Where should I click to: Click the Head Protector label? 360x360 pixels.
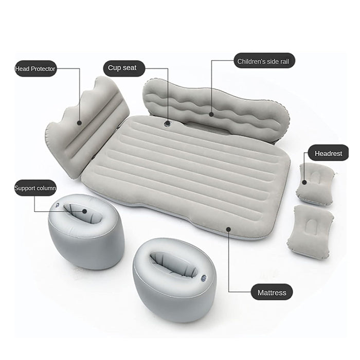point(35,68)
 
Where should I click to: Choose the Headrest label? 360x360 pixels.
point(328,153)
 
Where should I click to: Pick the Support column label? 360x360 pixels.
point(35,188)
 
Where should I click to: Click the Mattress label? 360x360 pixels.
point(272,292)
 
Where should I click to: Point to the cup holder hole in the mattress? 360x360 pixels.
point(167,124)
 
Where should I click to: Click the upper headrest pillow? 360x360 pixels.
point(315,183)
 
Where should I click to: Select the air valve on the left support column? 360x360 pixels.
point(57,205)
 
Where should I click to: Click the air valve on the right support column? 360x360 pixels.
point(203,278)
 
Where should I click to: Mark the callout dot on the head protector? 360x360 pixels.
point(79,123)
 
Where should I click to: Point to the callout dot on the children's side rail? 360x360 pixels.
point(211,114)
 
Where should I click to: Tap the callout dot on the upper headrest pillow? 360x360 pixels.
point(304,182)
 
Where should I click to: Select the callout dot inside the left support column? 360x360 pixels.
point(85,211)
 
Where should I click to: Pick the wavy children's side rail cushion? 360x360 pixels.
point(216,108)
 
